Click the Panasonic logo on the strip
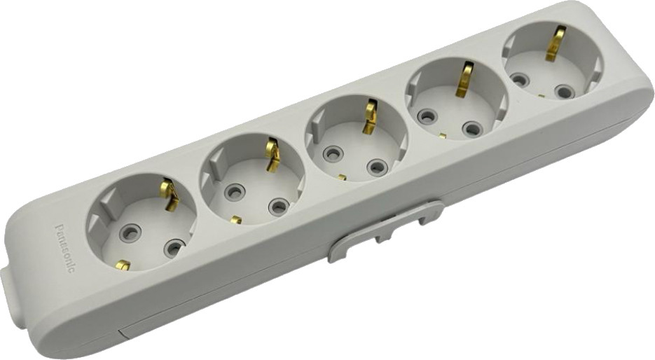65,249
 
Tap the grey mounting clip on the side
385,230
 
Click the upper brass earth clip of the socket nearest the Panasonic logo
170,194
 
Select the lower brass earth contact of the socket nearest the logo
123,265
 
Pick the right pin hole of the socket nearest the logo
174,247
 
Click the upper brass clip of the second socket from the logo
273,155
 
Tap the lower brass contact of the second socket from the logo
236,220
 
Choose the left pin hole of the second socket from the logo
235,192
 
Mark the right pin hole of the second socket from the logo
279,206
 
